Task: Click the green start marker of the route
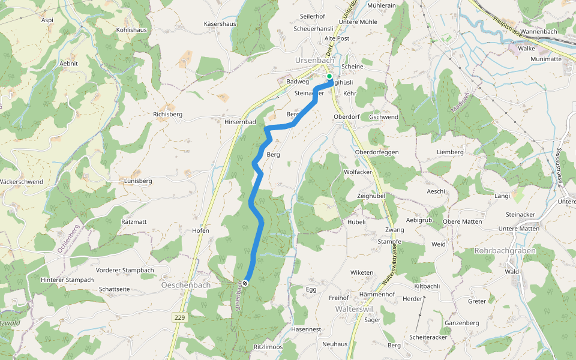[x=329, y=76]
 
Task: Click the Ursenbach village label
[x=314, y=61]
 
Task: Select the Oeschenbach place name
[x=185, y=285]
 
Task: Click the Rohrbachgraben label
[x=505, y=250]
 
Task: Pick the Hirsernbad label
[x=240, y=122]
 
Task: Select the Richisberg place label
[x=167, y=114]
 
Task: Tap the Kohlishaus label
[x=131, y=29]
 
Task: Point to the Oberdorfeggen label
[x=377, y=152]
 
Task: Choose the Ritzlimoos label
[x=268, y=347]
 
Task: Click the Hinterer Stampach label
[x=68, y=280]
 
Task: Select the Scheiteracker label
[x=428, y=337]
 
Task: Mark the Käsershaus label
[x=220, y=24]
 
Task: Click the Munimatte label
[x=546, y=59]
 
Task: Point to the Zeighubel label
[x=371, y=196]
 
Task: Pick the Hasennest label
[x=306, y=329]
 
